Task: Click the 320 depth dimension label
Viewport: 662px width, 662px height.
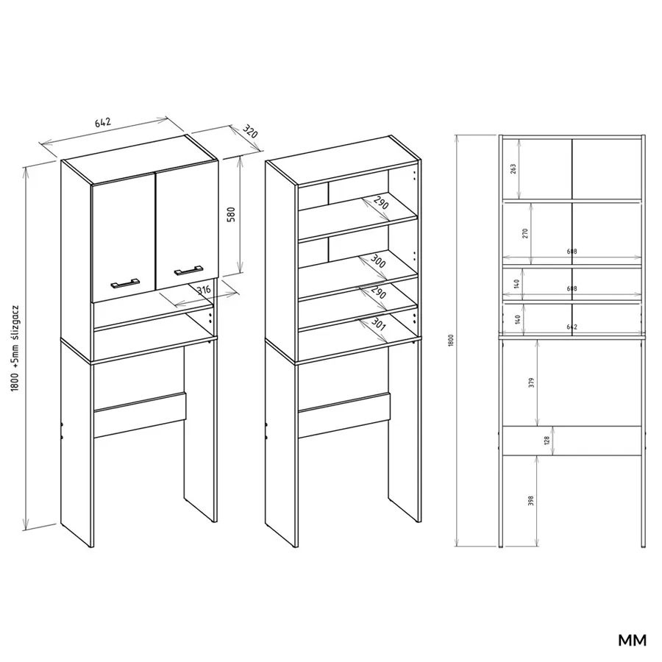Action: click(249, 132)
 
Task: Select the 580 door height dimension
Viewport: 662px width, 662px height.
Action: click(232, 215)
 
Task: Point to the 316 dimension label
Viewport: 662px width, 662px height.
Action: click(204, 290)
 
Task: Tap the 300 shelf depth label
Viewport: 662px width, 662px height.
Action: click(378, 261)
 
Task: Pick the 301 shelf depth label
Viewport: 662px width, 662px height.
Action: click(379, 324)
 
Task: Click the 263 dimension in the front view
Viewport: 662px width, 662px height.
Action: click(513, 169)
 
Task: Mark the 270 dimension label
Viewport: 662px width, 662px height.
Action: click(525, 233)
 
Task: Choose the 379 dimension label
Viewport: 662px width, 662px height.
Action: click(531, 382)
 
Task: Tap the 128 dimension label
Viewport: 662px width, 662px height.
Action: click(547, 441)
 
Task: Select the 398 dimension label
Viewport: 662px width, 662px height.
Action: click(530, 501)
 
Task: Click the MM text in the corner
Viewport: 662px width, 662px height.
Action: click(632, 640)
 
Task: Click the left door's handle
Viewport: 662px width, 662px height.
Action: click(125, 283)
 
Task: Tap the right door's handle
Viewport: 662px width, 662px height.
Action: click(189, 270)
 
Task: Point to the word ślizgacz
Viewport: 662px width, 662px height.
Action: click(15, 323)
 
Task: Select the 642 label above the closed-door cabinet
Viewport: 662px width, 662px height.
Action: click(102, 122)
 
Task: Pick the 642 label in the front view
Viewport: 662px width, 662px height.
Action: click(572, 327)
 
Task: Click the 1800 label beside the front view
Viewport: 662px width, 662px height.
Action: click(451, 341)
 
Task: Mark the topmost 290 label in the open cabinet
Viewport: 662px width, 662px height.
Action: click(380, 203)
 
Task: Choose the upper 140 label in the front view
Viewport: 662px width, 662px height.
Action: click(517, 283)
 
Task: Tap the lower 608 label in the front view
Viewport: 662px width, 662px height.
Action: click(572, 288)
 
